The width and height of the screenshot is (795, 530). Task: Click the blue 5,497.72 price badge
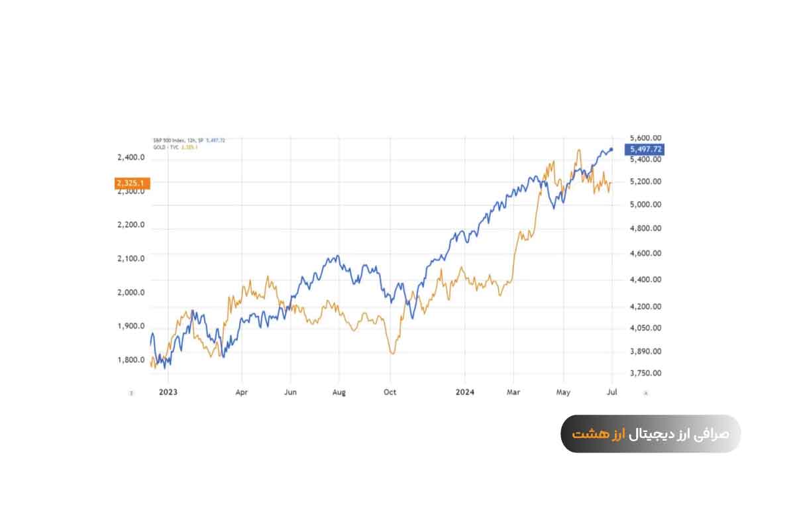(643, 150)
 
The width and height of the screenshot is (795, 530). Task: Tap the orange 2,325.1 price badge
(132, 183)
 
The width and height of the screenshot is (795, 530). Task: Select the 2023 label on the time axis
(168, 392)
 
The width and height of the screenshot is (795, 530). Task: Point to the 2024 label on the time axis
(465, 392)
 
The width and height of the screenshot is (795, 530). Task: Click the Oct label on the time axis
(390, 392)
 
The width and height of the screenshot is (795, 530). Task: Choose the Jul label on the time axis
(612, 392)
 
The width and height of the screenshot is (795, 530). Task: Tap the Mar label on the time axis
(514, 392)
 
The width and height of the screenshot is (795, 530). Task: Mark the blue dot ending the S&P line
(611, 149)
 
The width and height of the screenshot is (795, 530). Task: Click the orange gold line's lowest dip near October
(392, 353)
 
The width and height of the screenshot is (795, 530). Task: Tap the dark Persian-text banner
(651, 434)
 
